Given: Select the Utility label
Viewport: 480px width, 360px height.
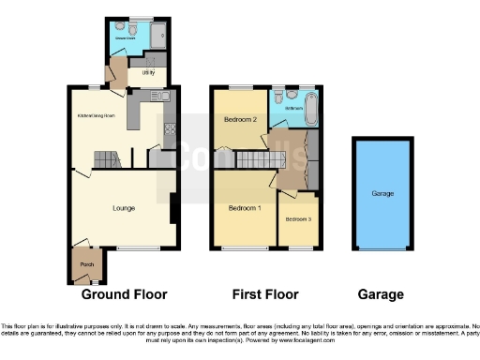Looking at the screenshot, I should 148,71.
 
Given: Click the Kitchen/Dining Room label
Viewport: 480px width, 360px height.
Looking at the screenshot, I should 96,116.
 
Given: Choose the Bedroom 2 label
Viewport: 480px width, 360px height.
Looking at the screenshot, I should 240,120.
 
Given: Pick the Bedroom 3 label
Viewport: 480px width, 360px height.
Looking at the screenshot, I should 297,218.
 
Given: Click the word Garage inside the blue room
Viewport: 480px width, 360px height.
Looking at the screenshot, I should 382,194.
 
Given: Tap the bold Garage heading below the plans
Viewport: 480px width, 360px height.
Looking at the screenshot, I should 382,294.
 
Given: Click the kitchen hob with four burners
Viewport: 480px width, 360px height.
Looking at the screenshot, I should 170,129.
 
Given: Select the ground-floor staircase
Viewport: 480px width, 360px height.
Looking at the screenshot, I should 106,159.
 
